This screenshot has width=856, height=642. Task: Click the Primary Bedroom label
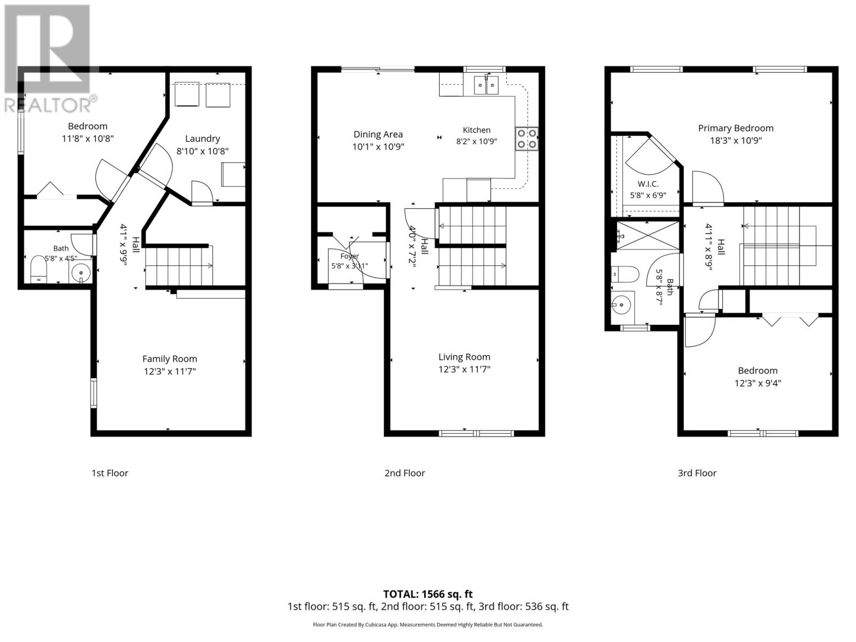[x=736, y=128]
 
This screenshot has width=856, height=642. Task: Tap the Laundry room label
[x=202, y=139]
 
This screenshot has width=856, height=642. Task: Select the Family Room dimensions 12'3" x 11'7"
[x=170, y=371]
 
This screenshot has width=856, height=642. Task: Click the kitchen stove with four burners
[x=526, y=139]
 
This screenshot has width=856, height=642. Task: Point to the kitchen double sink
[x=486, y=86]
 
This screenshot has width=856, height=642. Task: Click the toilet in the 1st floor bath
[x=39, y=269]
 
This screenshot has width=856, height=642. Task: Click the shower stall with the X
[x=647, y=236]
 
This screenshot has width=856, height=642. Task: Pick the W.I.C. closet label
[x=648, y=184]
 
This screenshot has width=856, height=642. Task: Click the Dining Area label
[x=378, y=134]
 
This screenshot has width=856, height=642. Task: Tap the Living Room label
[x=464, y=357]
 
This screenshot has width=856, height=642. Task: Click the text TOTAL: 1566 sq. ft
[x=428, y=594]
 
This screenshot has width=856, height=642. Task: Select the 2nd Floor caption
[x=404, y=473]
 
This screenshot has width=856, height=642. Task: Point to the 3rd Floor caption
[x=697, y=473]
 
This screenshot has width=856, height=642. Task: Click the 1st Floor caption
[x=110, y=473]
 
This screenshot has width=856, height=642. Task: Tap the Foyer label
[x=349, y=256]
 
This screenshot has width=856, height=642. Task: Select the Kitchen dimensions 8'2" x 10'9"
[x=477, y=141]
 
